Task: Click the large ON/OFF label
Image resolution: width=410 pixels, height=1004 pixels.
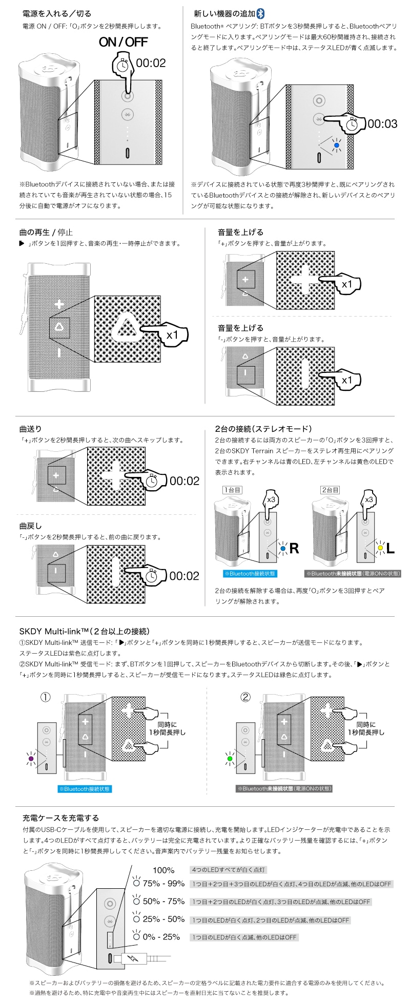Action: (x=123, y=42)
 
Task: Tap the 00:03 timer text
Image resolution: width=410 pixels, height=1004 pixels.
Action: (x=382, y=123)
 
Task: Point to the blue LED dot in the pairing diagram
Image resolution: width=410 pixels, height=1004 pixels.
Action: (x=336, y=145)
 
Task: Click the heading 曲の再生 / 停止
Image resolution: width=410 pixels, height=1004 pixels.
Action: (x=46, y=232)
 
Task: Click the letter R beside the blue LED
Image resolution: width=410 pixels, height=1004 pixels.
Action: (x=294, y=549)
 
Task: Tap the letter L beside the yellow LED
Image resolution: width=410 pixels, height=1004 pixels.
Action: (x=390, y=549)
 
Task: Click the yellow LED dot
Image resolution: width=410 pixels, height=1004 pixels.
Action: (x=380, y=548)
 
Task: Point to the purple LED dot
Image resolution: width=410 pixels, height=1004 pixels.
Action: (x=31, y=758)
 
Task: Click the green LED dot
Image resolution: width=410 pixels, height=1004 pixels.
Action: (x=229, y=758)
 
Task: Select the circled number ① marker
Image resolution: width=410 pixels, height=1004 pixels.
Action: (x=46, y=698)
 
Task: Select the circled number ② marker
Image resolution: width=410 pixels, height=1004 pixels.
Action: (x=245, y=697)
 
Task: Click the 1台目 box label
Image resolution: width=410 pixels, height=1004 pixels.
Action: (x=232, y=490)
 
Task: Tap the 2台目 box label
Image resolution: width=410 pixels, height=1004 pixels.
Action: (x=330, y=490)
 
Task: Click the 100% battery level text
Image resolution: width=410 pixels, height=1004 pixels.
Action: (x=163, y=870)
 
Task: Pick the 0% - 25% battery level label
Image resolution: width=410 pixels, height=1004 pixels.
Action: (x=161, y=937)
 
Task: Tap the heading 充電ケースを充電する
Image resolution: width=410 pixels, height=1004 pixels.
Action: (x=61, y=818)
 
